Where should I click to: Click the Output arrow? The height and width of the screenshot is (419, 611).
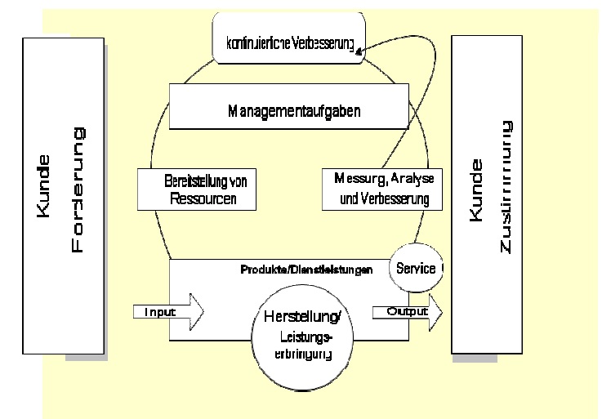click(x=408, y=311)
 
